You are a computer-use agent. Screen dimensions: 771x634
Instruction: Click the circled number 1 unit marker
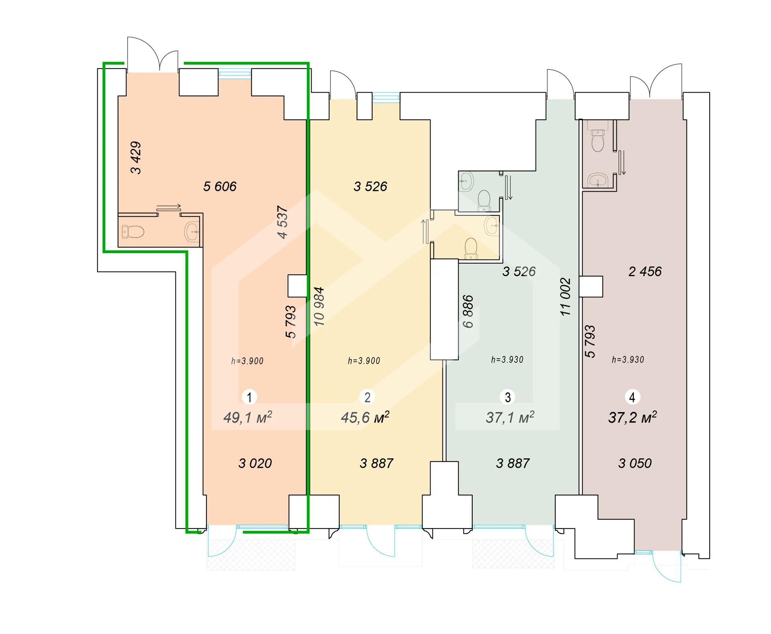click(x=249, y=397)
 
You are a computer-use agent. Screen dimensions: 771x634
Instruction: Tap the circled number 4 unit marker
click(x=632, y=397)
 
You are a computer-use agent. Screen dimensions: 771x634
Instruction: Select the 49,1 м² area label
click(x=248, y=417)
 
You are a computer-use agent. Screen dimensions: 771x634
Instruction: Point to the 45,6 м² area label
click(x=365, y=417)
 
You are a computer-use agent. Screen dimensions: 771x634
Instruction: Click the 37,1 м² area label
click(x=510, y=417)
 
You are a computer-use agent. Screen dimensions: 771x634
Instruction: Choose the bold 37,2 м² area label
click(x=632, y=417)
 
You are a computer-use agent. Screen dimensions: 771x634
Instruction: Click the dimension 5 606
click(x=220, y=186)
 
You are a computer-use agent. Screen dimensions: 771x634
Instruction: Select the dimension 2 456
click(x=645, y=272)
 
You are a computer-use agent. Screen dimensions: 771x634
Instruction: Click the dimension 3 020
click(x=255, y=463)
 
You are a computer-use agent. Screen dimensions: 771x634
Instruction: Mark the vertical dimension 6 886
click(x=468, y=311)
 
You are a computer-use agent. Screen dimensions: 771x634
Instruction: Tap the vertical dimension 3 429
click(x=136, y=158)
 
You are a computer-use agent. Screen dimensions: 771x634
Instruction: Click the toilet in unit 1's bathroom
click(x=133, y=232)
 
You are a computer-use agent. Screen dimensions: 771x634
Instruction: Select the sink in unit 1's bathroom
click(x=192, y=232)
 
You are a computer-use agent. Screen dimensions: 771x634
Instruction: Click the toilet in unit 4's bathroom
click(x=598, y=140)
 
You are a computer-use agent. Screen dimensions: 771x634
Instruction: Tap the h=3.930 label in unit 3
click(x=507, y=360)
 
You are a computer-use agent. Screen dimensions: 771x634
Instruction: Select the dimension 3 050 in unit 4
click(x=635, y=463)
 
